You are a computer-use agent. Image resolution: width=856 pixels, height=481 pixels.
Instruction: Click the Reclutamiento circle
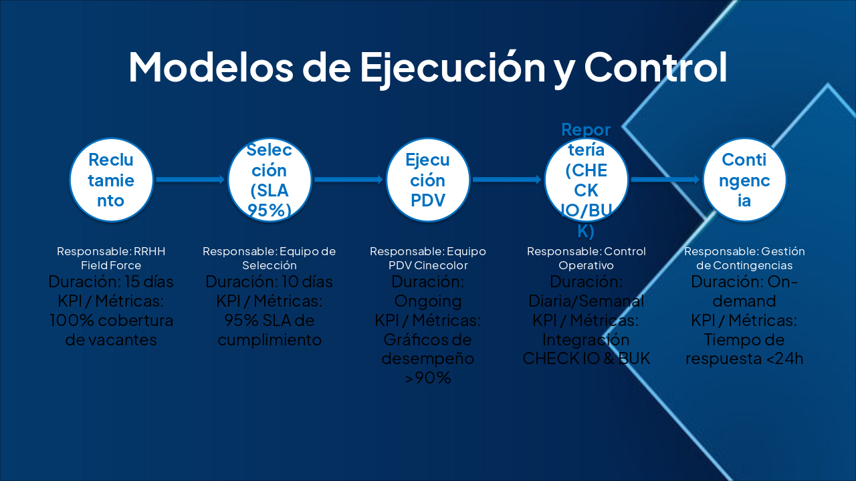coord(111,180)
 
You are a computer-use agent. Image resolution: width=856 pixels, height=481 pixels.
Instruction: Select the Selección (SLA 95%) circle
coord(270,180)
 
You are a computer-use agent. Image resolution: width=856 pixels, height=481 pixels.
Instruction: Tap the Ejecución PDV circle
coord(428,180)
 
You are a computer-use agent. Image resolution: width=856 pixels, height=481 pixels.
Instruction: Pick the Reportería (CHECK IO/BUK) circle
coord(586,180)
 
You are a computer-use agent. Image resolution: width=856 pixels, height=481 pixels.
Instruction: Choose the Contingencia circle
coord(744,180)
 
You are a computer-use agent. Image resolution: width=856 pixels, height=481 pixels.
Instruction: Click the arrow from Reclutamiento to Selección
coord(190,179)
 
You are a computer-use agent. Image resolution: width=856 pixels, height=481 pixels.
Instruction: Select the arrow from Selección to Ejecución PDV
coord(348,179)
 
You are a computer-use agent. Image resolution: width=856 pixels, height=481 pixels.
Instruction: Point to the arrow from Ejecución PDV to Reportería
coord(507,179)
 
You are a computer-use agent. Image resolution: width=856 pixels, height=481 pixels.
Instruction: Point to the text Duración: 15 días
coord(111,281)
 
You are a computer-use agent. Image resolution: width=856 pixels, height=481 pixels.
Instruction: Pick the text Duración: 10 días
coord(269,281)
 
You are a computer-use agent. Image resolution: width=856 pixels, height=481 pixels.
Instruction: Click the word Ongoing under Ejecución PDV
coord(428,301)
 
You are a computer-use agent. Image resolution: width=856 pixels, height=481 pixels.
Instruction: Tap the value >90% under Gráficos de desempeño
coord(428,378)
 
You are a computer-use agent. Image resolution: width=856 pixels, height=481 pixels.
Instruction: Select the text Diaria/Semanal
coord(586,301)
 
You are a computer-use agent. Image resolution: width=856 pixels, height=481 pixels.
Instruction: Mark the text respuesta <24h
coord(744,359)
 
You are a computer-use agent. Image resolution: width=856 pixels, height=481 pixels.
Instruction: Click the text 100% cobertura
coord(111,320)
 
